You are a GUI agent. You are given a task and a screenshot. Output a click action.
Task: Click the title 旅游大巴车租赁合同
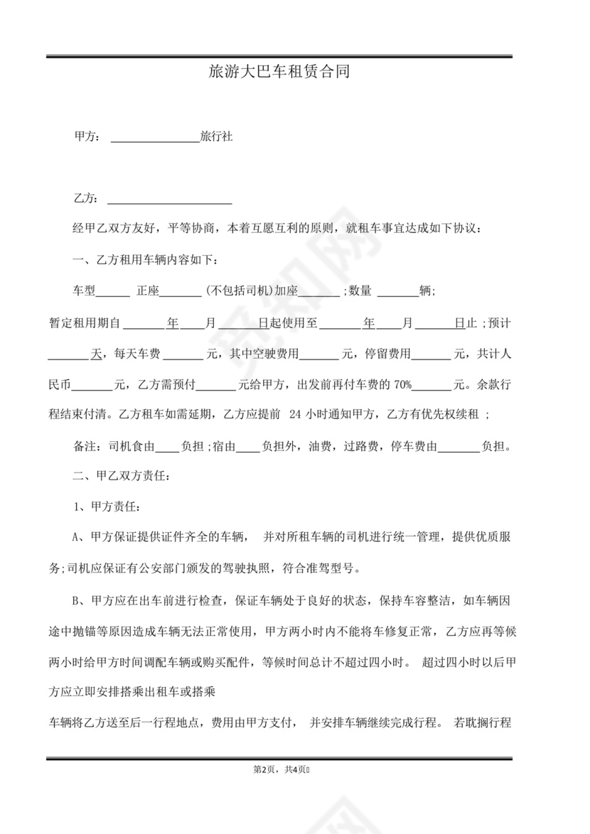(x=279, y=72)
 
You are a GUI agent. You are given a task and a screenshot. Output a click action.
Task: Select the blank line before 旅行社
(x=156, y=138)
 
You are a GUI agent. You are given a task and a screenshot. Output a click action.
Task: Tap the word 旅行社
(x=216, y=136)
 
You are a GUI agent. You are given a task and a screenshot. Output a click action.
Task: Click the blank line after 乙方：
(x=169, y=199)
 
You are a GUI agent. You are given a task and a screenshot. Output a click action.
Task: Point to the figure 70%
(x=402, y=385)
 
